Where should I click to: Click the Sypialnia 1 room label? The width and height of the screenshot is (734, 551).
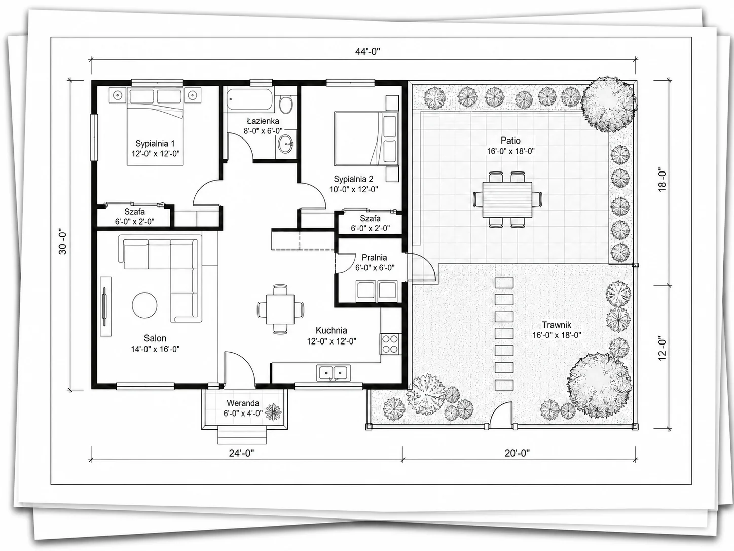coord(155,144)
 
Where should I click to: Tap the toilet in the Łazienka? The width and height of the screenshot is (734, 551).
coord(286,104)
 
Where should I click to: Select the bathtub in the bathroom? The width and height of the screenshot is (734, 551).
coord(249,99)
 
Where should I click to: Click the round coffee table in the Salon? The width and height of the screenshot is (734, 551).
coord(144,305)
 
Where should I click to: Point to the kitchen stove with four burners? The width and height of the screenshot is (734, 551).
coord(390,344)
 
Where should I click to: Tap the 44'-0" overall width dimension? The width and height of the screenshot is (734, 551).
coord(368,51)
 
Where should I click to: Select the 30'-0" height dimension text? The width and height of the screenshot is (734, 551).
coord(62,242)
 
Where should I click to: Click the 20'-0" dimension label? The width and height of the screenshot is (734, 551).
coord(518,453)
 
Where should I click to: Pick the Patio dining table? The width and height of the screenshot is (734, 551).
coord(507,200)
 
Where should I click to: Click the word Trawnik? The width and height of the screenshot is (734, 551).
coord(557,325)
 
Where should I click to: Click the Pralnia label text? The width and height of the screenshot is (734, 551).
coord(374,258)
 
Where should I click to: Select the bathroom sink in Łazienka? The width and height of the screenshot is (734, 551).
coord(285,144)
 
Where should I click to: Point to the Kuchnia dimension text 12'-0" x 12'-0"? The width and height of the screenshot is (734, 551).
coord(332,341)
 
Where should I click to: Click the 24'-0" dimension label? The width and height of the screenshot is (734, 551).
coord(241,453)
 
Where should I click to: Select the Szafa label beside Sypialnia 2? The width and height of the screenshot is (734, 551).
coord(370,219)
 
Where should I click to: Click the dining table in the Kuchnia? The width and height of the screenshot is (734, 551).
coord(280,309)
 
